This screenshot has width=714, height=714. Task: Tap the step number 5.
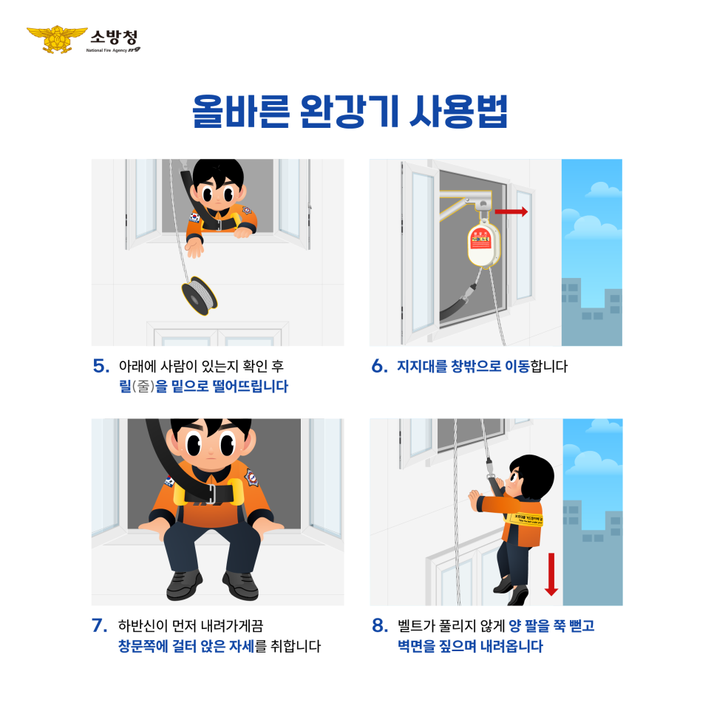101,366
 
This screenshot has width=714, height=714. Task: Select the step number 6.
379,366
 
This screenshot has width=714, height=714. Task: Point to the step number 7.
101,625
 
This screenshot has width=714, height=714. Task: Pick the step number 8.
379,625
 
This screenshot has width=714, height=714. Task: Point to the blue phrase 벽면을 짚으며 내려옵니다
469,646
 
